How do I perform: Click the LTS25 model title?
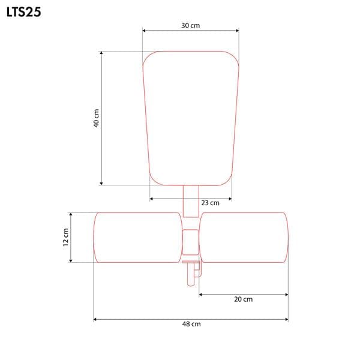pyautogui.click(x=24, y=12)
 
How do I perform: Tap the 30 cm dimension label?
pyautogui.click(x=191, y=25)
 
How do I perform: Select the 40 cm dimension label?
pyautogui.click(x=96, y=118)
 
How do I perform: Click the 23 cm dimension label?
pyautogui.click(x=211, y=203)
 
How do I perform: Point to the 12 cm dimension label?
pyautogui.click(x=65, y=237)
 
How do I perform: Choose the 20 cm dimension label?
pyautogui.click(x=244, y=299)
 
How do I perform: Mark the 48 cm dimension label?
pyautogui.click(x=191, y=324)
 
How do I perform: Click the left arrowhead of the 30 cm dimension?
pyautogui.click(x=144, y=31)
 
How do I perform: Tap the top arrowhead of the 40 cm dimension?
pyautogui.click(x=101, y=53)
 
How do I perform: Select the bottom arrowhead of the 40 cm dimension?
pyautogui.click(x=101, y=184)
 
